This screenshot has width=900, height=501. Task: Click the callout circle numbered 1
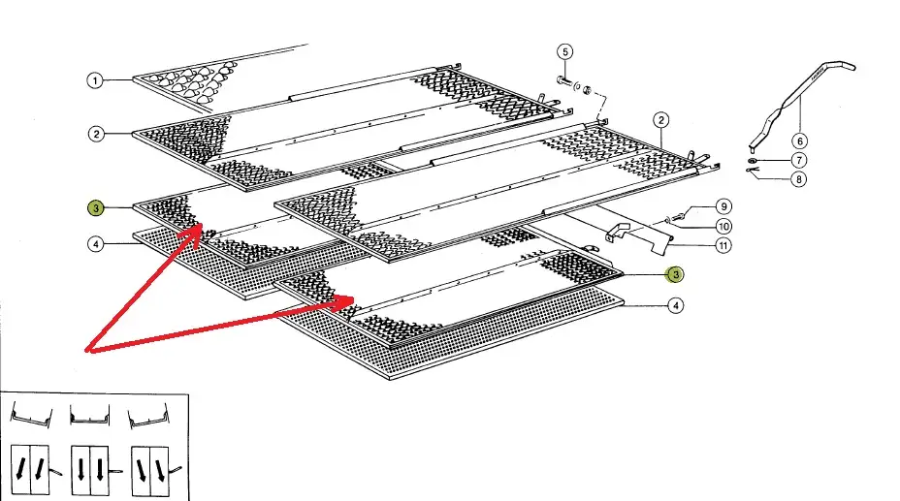pos(95,81)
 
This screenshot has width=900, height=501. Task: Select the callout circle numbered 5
pos(565,51)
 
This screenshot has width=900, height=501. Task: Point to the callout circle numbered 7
pos(799,160)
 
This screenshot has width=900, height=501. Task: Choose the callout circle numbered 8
pos(799,178)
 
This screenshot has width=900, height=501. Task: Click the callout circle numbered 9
pos(723,206)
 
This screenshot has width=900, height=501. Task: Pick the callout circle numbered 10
pos(723,226)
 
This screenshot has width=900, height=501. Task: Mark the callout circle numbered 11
pos(723,245)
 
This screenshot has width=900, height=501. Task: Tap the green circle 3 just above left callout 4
pos(95,208)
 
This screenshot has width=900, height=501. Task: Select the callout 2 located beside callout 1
pos(95,134)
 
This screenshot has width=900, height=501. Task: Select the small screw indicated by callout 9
pos(681,216)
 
